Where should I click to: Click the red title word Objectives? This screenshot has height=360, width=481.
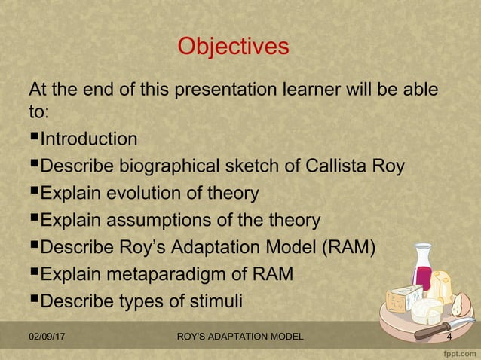(x=232, y=47)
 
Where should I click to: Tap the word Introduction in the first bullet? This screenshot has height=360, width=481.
(x=88, y=139)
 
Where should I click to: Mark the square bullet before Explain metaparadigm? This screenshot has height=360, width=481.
(x=33, y=276)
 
